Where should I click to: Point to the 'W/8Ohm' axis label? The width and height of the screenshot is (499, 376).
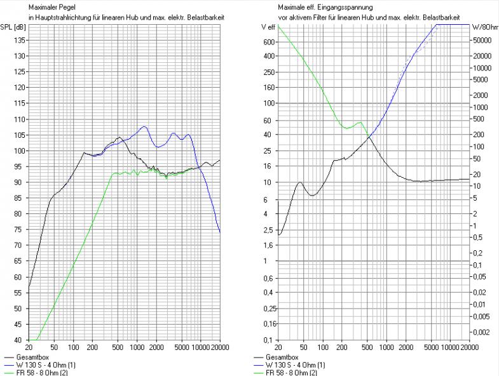(x=484, y=28)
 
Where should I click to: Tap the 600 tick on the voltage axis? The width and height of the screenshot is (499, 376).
(x=267, y=42)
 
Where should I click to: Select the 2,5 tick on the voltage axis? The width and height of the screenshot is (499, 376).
(x=267, y=229)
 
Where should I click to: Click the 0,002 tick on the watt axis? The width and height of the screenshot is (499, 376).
(x=481, y=332)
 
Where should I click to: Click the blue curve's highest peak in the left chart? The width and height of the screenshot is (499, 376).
(x=144, y=126)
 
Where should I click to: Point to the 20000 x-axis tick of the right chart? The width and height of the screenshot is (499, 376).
(x=469, y=348)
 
